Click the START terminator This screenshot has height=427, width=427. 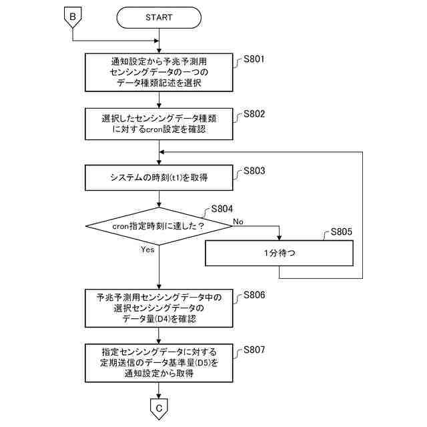coord(159,17)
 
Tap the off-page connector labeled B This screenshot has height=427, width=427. coord(73,17)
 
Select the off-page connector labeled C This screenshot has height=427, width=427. coord(159,409)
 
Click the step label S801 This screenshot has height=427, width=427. coord(254,59)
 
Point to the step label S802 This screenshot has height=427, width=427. coord(254,114)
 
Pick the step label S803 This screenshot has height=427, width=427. coord(254,171)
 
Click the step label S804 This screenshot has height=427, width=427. coord(222,209)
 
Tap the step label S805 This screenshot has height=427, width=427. coord(341,232)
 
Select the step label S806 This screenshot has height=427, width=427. coord(254,295)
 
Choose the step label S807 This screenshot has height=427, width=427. coord(254,350)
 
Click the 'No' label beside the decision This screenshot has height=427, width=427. coord(238,222)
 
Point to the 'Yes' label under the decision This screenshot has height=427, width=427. coord(147,250)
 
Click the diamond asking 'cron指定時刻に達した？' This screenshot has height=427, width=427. coord(159,226)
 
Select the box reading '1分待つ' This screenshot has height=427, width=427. coord(279,253)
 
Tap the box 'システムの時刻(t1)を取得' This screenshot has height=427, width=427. coord(159,177)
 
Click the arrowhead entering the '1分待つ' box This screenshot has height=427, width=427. coord(279,238)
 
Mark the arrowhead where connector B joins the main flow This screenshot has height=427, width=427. coord(156,41)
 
